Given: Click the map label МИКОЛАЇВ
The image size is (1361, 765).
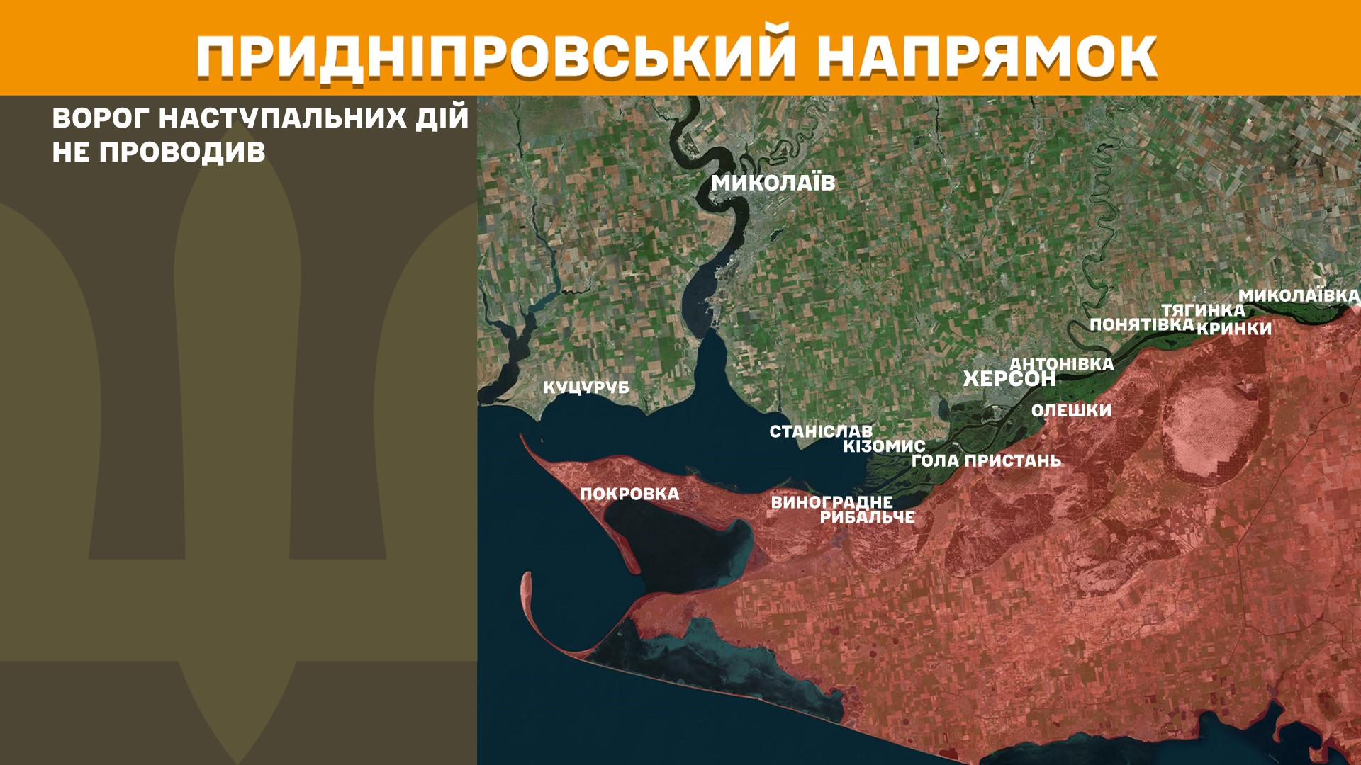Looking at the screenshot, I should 773,183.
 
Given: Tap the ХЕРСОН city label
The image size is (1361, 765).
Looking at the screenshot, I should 1009,379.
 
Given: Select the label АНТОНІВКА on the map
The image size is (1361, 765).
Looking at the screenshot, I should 1061,364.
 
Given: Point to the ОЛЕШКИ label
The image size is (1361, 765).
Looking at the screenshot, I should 1071,411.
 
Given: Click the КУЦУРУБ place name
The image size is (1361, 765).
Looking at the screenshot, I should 586,387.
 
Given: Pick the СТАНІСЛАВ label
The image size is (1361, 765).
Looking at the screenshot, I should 821,431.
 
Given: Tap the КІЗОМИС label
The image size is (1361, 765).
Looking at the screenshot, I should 884,446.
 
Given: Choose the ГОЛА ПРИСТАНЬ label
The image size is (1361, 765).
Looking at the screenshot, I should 986,461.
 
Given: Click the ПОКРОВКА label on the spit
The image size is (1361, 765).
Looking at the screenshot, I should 629,494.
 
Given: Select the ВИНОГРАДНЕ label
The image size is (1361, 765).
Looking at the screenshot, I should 831,502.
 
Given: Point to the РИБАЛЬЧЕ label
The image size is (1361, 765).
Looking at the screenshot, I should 867,517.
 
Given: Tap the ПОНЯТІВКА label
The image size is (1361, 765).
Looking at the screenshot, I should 1142,324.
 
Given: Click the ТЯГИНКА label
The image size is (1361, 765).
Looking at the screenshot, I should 1203,310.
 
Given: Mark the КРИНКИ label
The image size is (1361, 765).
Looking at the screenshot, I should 1234,329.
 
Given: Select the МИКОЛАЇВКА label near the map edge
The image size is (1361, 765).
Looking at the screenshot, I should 1299,295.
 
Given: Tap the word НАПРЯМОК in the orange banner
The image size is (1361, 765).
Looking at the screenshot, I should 987,57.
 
